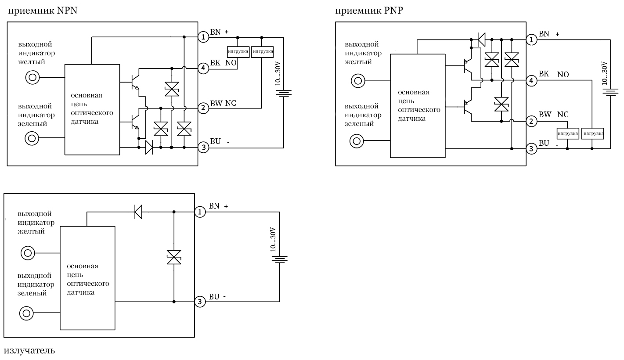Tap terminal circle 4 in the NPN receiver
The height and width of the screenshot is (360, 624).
(x=203, y=68)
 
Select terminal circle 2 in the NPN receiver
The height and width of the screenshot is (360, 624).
(x=203, y=108)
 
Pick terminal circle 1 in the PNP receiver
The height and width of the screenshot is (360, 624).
(x=531, y=40)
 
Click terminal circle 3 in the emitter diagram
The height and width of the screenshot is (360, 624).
(x=200, y=302)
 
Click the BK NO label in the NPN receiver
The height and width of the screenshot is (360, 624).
(x=224, y=63)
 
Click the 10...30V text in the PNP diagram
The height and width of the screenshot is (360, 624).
(x=605, y=73)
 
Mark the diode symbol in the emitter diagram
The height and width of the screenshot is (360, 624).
(x=138, y=212)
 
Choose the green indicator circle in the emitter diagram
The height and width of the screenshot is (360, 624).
(x=26, y=313)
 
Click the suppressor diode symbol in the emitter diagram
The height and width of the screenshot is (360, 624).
(x=174, y=257)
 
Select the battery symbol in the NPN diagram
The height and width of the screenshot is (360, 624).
(x=283, y=94)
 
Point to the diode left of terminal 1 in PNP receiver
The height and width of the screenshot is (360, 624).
(x=481, y=40)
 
